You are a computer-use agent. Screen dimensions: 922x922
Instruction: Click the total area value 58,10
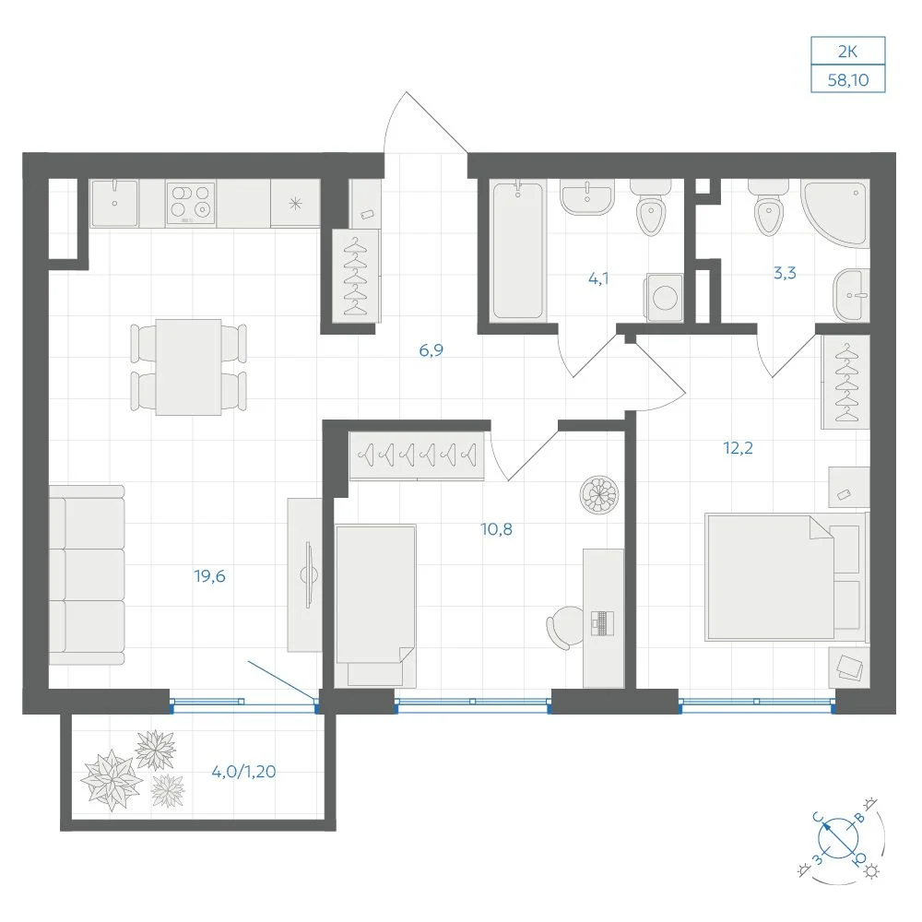847,79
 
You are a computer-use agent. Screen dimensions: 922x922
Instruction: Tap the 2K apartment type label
847,52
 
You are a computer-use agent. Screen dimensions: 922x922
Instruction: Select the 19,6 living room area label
210,576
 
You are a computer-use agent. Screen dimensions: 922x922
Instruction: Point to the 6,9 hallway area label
431,350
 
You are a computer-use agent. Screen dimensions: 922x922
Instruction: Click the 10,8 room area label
497,529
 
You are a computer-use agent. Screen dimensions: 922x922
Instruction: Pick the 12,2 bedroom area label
738,448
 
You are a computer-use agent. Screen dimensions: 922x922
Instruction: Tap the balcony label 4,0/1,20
243,772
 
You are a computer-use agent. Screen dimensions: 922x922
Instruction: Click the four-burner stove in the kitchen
191,204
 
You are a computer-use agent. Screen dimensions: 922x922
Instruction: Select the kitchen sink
114,204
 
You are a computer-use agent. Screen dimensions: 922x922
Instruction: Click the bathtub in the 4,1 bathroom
517,251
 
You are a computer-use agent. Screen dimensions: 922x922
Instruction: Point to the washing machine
665,297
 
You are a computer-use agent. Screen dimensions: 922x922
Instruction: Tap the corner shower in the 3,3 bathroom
835,214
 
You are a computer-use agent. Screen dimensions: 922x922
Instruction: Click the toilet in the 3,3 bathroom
769,207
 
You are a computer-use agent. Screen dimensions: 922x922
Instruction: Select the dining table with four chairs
188,368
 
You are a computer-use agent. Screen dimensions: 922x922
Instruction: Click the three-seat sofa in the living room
87,575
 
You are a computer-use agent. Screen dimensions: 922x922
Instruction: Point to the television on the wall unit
308,574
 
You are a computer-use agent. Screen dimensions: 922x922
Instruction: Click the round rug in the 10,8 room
598,495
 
